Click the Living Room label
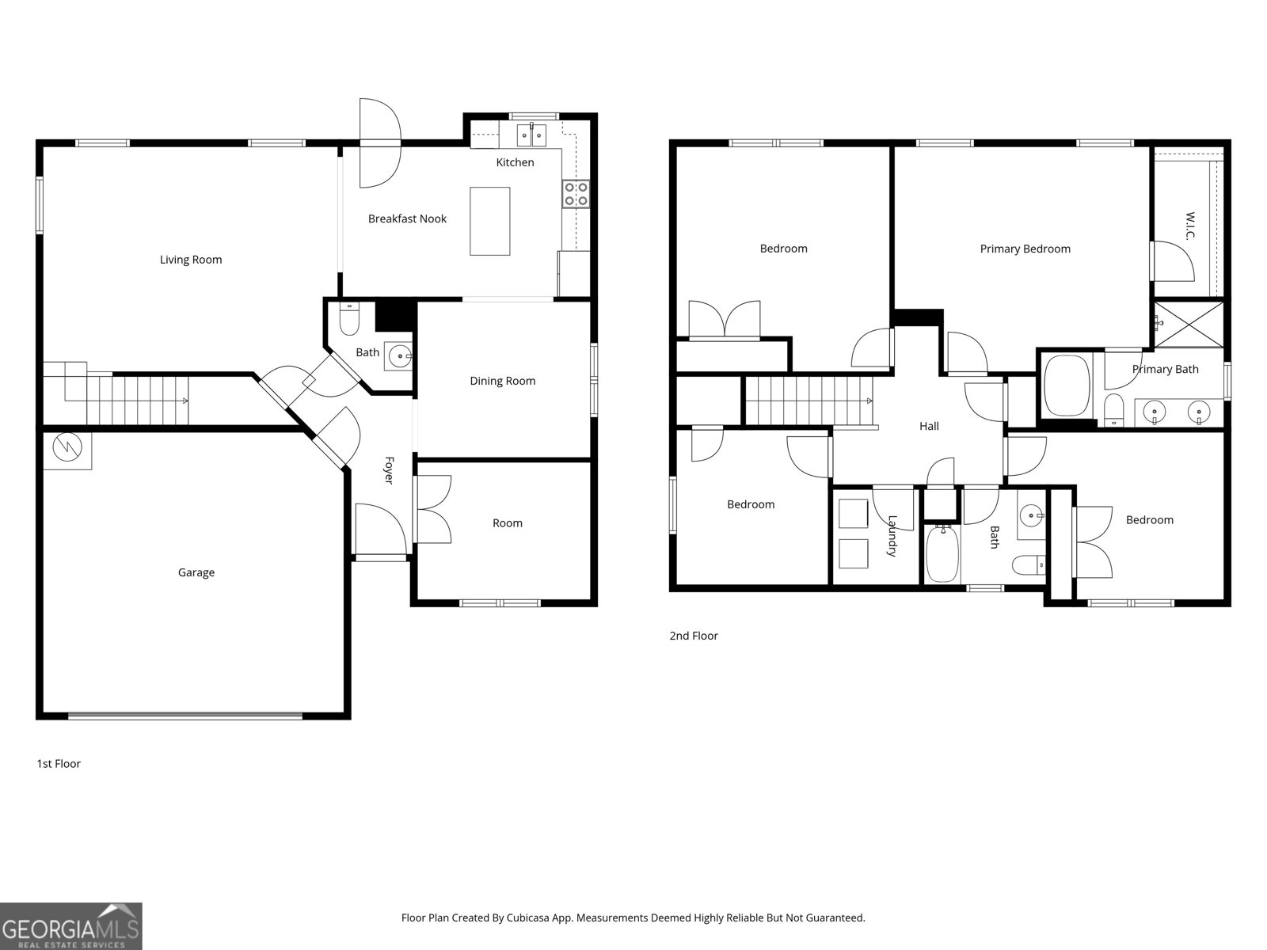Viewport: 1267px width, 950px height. (x=191, y=260)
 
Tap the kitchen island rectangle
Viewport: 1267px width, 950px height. (x=489, y=221)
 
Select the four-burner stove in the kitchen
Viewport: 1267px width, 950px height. (x=576, y=194)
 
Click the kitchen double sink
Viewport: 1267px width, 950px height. (x=532, y=135)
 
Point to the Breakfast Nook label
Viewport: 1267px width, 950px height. (x=407, y=218)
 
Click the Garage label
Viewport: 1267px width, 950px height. (x=196, y=572)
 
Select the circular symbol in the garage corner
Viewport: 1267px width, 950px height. (x=67, y=449)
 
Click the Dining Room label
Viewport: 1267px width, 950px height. (x=502, y=381)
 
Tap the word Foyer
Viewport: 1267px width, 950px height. (x=389, y=470)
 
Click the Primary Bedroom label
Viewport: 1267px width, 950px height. (x=1025, y=249)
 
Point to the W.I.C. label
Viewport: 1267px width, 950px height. (x=1189, y=226)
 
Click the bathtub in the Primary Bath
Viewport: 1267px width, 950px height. (x=1067, y=386)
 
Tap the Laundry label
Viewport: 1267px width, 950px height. (x=892, y=536)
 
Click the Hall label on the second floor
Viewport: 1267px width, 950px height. (x=929, y=426)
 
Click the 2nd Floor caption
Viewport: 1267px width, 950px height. (x=694, y=636)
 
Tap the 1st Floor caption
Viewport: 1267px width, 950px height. (x=59, y=764)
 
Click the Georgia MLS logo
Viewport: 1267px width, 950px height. (x=71, y=926)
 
